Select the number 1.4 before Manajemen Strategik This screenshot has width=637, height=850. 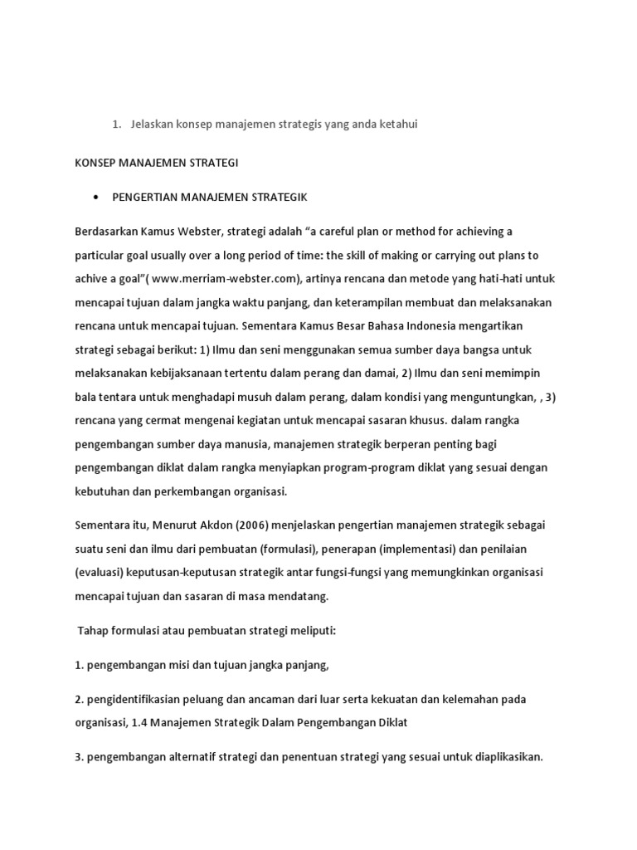coord(142,722)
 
